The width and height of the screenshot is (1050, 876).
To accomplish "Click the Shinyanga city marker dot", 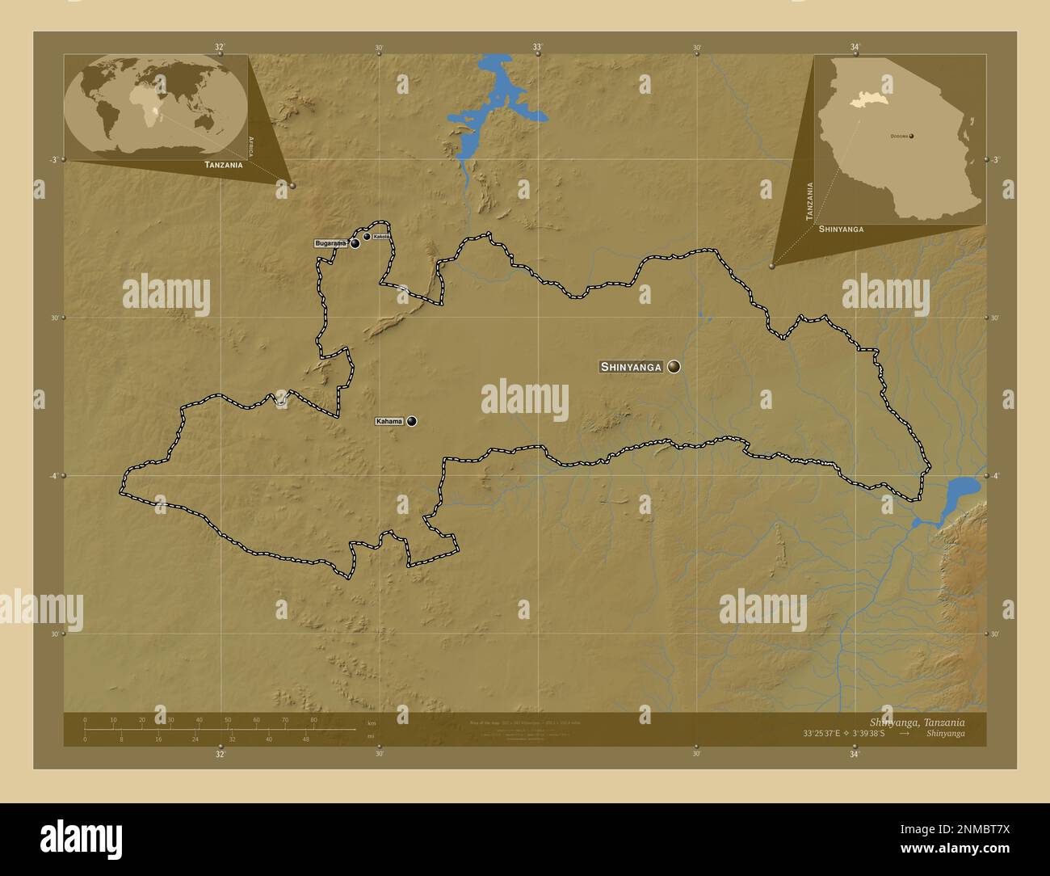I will [674, 367].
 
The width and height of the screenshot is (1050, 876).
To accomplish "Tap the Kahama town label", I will [389, 421].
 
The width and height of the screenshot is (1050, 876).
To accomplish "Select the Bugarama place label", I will [330, 243].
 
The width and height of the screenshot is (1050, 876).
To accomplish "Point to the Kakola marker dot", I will [367, 237].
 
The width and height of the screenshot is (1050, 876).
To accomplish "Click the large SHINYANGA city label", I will [631, 367].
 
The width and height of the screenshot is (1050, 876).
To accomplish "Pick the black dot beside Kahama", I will [412, 421].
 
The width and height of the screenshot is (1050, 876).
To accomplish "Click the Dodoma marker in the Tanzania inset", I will [912, 136].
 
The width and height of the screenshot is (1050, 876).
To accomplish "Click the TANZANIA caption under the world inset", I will [224, 165].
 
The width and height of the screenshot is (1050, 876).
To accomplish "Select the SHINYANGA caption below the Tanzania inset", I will [841, 229].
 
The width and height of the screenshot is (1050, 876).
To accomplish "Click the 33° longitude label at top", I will [537, 47].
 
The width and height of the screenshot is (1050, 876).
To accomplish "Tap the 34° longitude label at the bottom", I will [855, 755].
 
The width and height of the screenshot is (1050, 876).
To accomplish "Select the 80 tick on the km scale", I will [313, 719].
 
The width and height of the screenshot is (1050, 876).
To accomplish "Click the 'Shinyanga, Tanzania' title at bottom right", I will [917, 722].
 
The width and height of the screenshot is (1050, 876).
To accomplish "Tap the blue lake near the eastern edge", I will [961, 488].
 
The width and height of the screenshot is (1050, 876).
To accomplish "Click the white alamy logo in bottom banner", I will [81, 837].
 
